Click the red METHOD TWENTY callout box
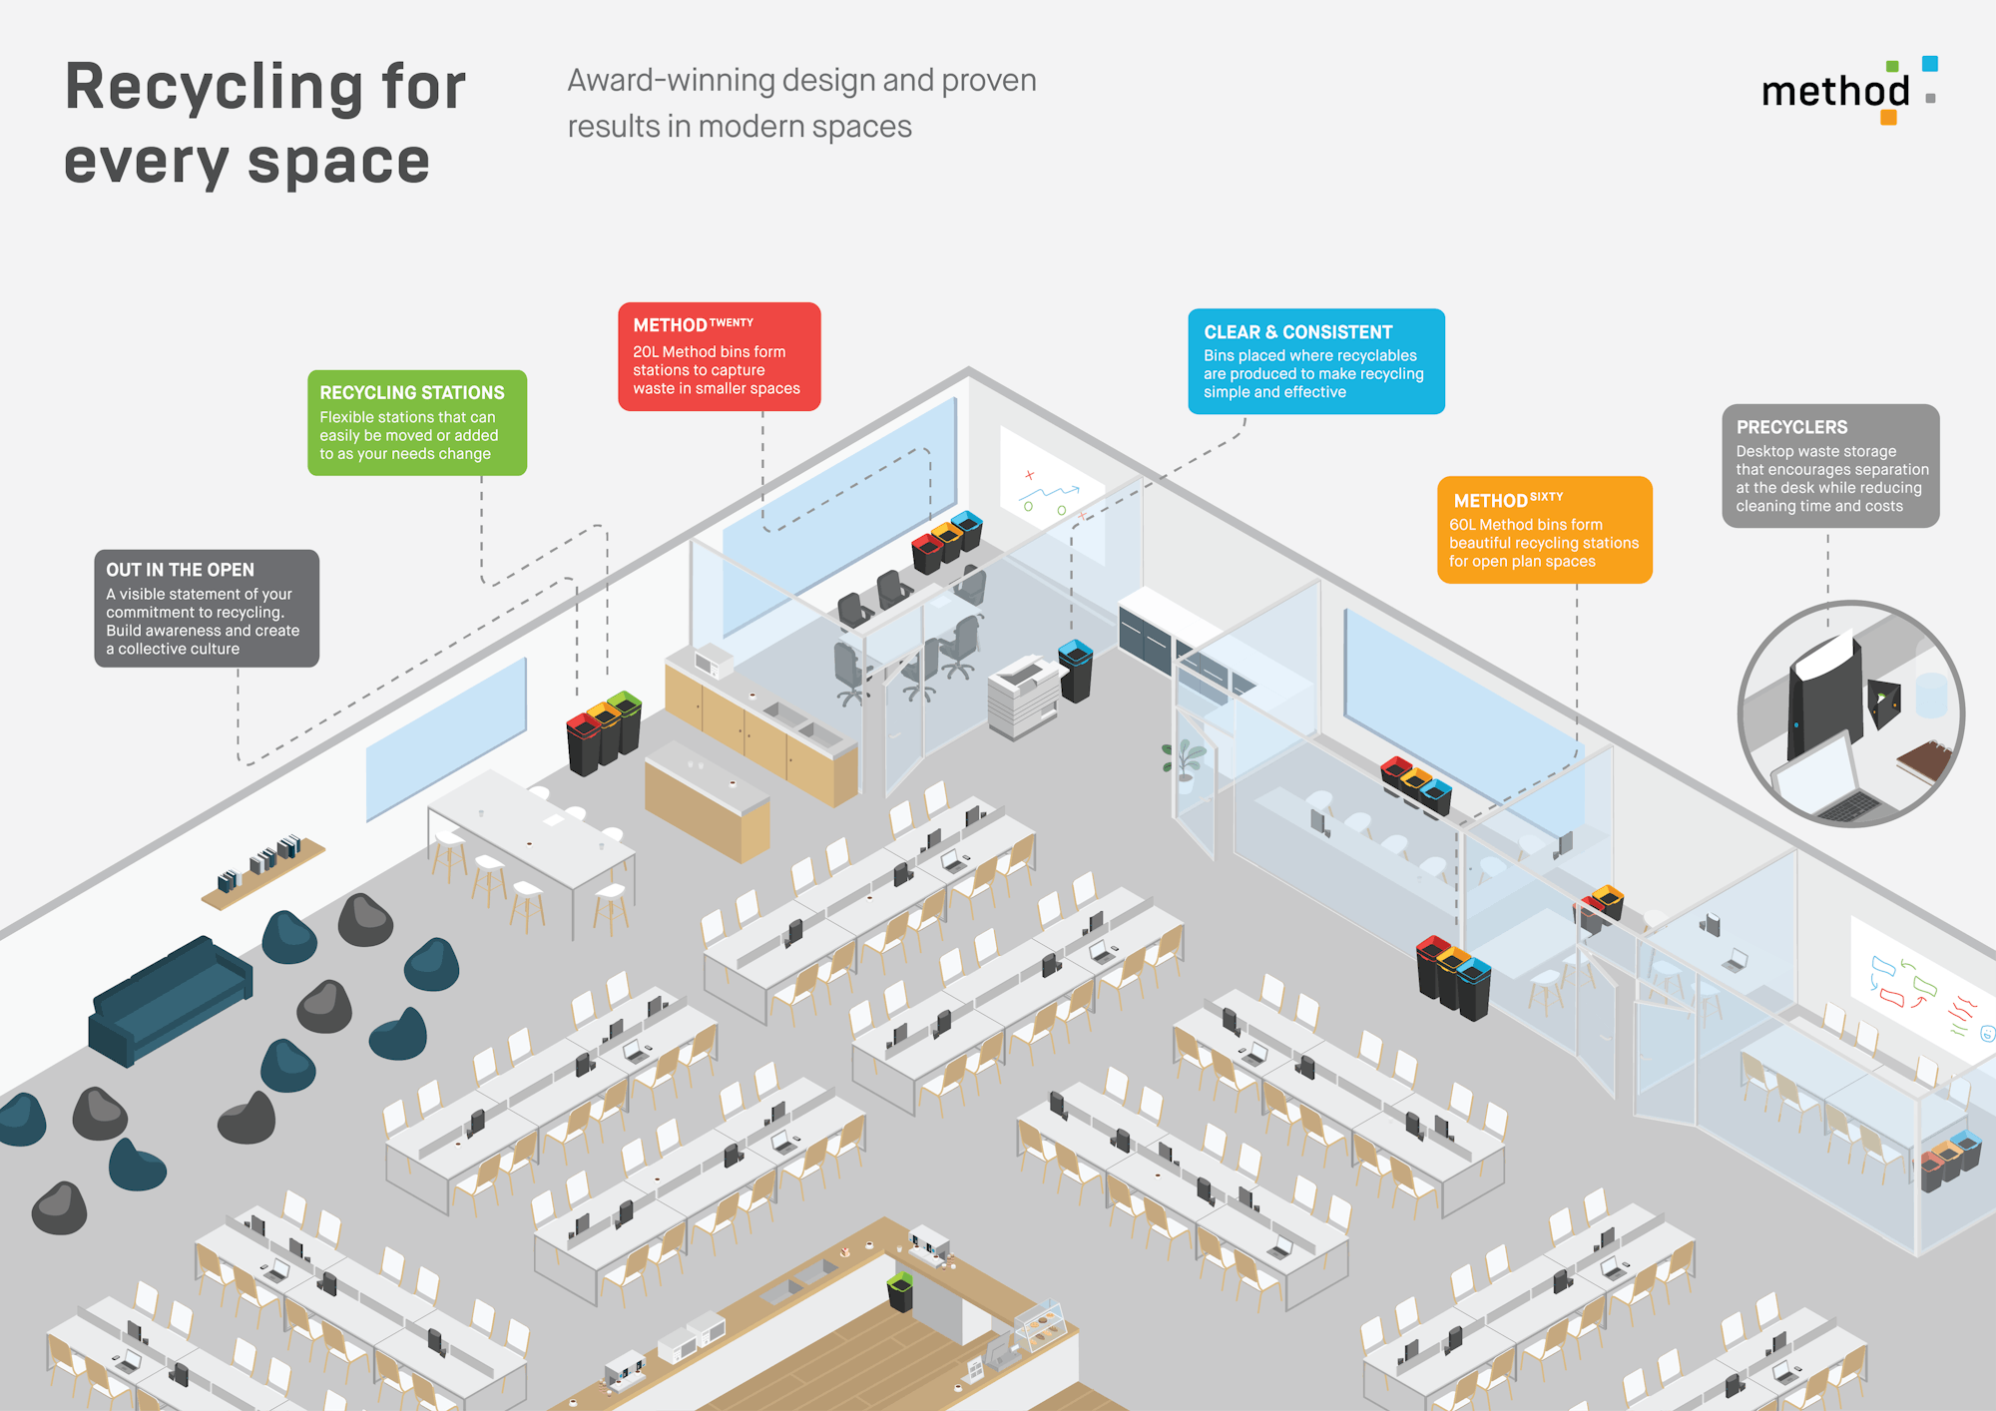(x=719, y=356)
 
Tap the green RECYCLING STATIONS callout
(x=416, y=422)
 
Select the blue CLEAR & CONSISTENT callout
(x=1315, y=361)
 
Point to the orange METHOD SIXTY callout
(x=1544, y=530)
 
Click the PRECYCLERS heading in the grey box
(x=1791, y=427)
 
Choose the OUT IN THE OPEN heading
(x=180, y=570)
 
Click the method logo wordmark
(x=1834, y=92)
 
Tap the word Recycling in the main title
(x=215, y=87)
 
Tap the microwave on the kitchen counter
(x=714, y=661)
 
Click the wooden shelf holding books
(x=263, y=873)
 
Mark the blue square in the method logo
(x=1929, y=64)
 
